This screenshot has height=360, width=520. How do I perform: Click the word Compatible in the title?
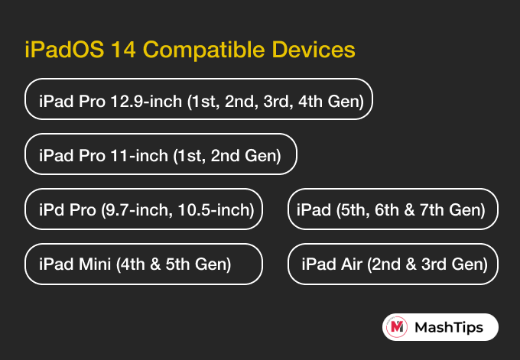click(x=203, y=50)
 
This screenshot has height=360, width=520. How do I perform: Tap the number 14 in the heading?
click(x=124, y=50)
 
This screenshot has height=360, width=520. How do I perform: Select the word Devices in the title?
click(x=314, y=50)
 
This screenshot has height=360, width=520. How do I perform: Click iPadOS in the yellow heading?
click(x=65, y=50)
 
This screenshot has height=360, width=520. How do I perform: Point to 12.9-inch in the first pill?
click(x=146, y=101)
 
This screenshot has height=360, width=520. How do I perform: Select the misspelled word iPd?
click(x=51, y=210)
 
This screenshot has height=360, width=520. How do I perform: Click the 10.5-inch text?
click(x=216, y=210)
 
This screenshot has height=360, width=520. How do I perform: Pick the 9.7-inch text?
click(x=137, y=210)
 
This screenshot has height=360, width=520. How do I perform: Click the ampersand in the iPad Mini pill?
click(x=155, y=264)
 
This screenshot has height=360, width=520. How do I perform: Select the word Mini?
click(x=95, y=264)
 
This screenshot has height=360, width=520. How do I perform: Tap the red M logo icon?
click(x=397, y=327)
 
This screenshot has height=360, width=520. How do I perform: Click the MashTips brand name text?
click(x=449, y=327)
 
